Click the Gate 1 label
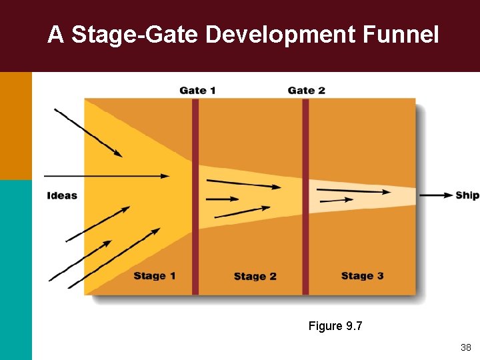[197, 91]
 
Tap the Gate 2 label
[306, 91]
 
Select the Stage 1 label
[154, 276]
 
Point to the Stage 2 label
[255, 277]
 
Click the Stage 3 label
[362, 276]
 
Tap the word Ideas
[62, 195]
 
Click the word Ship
[467, 195]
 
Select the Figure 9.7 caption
[335, 326]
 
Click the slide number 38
[465, 347]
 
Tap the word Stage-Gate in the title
[135, 35]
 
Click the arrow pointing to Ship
[436, 195]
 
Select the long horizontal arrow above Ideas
[107, 176]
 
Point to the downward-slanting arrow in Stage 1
[88, 133]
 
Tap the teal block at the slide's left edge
[15, 269]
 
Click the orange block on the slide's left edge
[15, 125]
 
